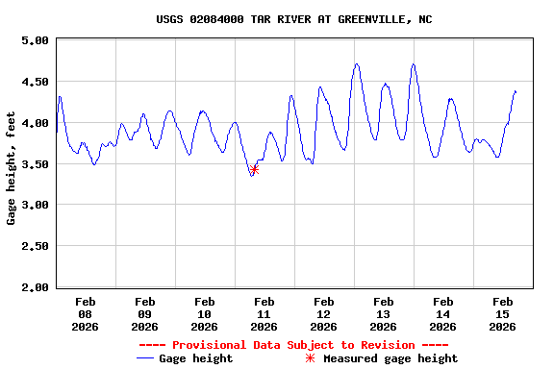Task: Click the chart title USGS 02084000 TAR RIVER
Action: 293,19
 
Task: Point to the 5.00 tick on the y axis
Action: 34,40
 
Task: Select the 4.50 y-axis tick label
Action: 34,82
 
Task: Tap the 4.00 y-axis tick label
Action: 34,123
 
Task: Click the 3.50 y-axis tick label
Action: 34,164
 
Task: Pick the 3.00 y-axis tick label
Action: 34,206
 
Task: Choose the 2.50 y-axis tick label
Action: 34,247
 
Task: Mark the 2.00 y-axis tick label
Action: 34,287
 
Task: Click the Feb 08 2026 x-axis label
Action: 85,313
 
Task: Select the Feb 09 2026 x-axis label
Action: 144,313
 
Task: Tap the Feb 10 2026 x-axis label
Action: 204,313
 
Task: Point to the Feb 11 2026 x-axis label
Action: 264,313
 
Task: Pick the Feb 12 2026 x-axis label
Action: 323,313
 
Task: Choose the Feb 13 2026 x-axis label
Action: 383,313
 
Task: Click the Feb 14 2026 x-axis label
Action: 442,313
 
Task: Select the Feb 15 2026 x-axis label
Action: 502,313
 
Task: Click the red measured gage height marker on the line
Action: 254,169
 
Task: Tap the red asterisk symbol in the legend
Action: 310,358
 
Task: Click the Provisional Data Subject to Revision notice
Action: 293,345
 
